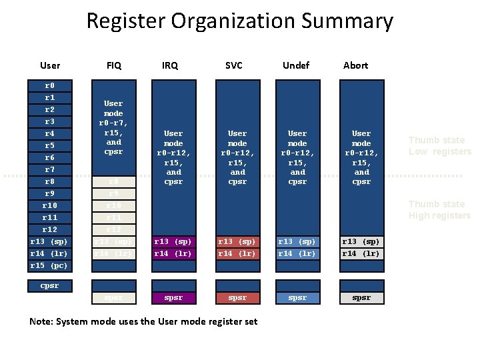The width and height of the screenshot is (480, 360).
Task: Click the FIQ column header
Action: coord(114,65)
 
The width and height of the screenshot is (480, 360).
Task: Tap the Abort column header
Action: coord(355,65)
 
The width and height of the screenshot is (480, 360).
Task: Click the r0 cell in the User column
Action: coord(49,86)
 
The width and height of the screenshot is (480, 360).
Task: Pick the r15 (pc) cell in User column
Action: coord(49,266)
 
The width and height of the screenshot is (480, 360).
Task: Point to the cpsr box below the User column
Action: coord(49,286)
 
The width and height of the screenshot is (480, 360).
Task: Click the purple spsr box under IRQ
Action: coord(173,298)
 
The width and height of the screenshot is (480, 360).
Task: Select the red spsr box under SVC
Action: coord(237,298)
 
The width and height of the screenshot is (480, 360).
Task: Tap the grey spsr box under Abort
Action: coord(361,298)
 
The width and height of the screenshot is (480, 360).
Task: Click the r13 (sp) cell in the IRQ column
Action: coord(173,242)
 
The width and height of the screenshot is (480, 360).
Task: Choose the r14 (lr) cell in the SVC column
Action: coord(237,254)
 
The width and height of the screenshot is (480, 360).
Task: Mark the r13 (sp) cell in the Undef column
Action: coord(297,242)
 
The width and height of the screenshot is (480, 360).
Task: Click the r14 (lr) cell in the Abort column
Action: coord(361,254)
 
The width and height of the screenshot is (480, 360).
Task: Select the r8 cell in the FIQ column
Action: coord(114,182)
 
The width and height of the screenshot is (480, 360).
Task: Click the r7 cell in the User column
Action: coord(49,170)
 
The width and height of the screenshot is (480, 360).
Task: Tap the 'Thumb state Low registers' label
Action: coord(439,146)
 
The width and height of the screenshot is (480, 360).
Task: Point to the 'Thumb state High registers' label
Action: coord(439,210)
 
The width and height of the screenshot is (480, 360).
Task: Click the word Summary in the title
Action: coord(347,21)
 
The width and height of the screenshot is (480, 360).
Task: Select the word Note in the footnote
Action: coord(42,322)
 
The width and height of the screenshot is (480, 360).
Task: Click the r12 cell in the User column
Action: coord(49,230)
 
